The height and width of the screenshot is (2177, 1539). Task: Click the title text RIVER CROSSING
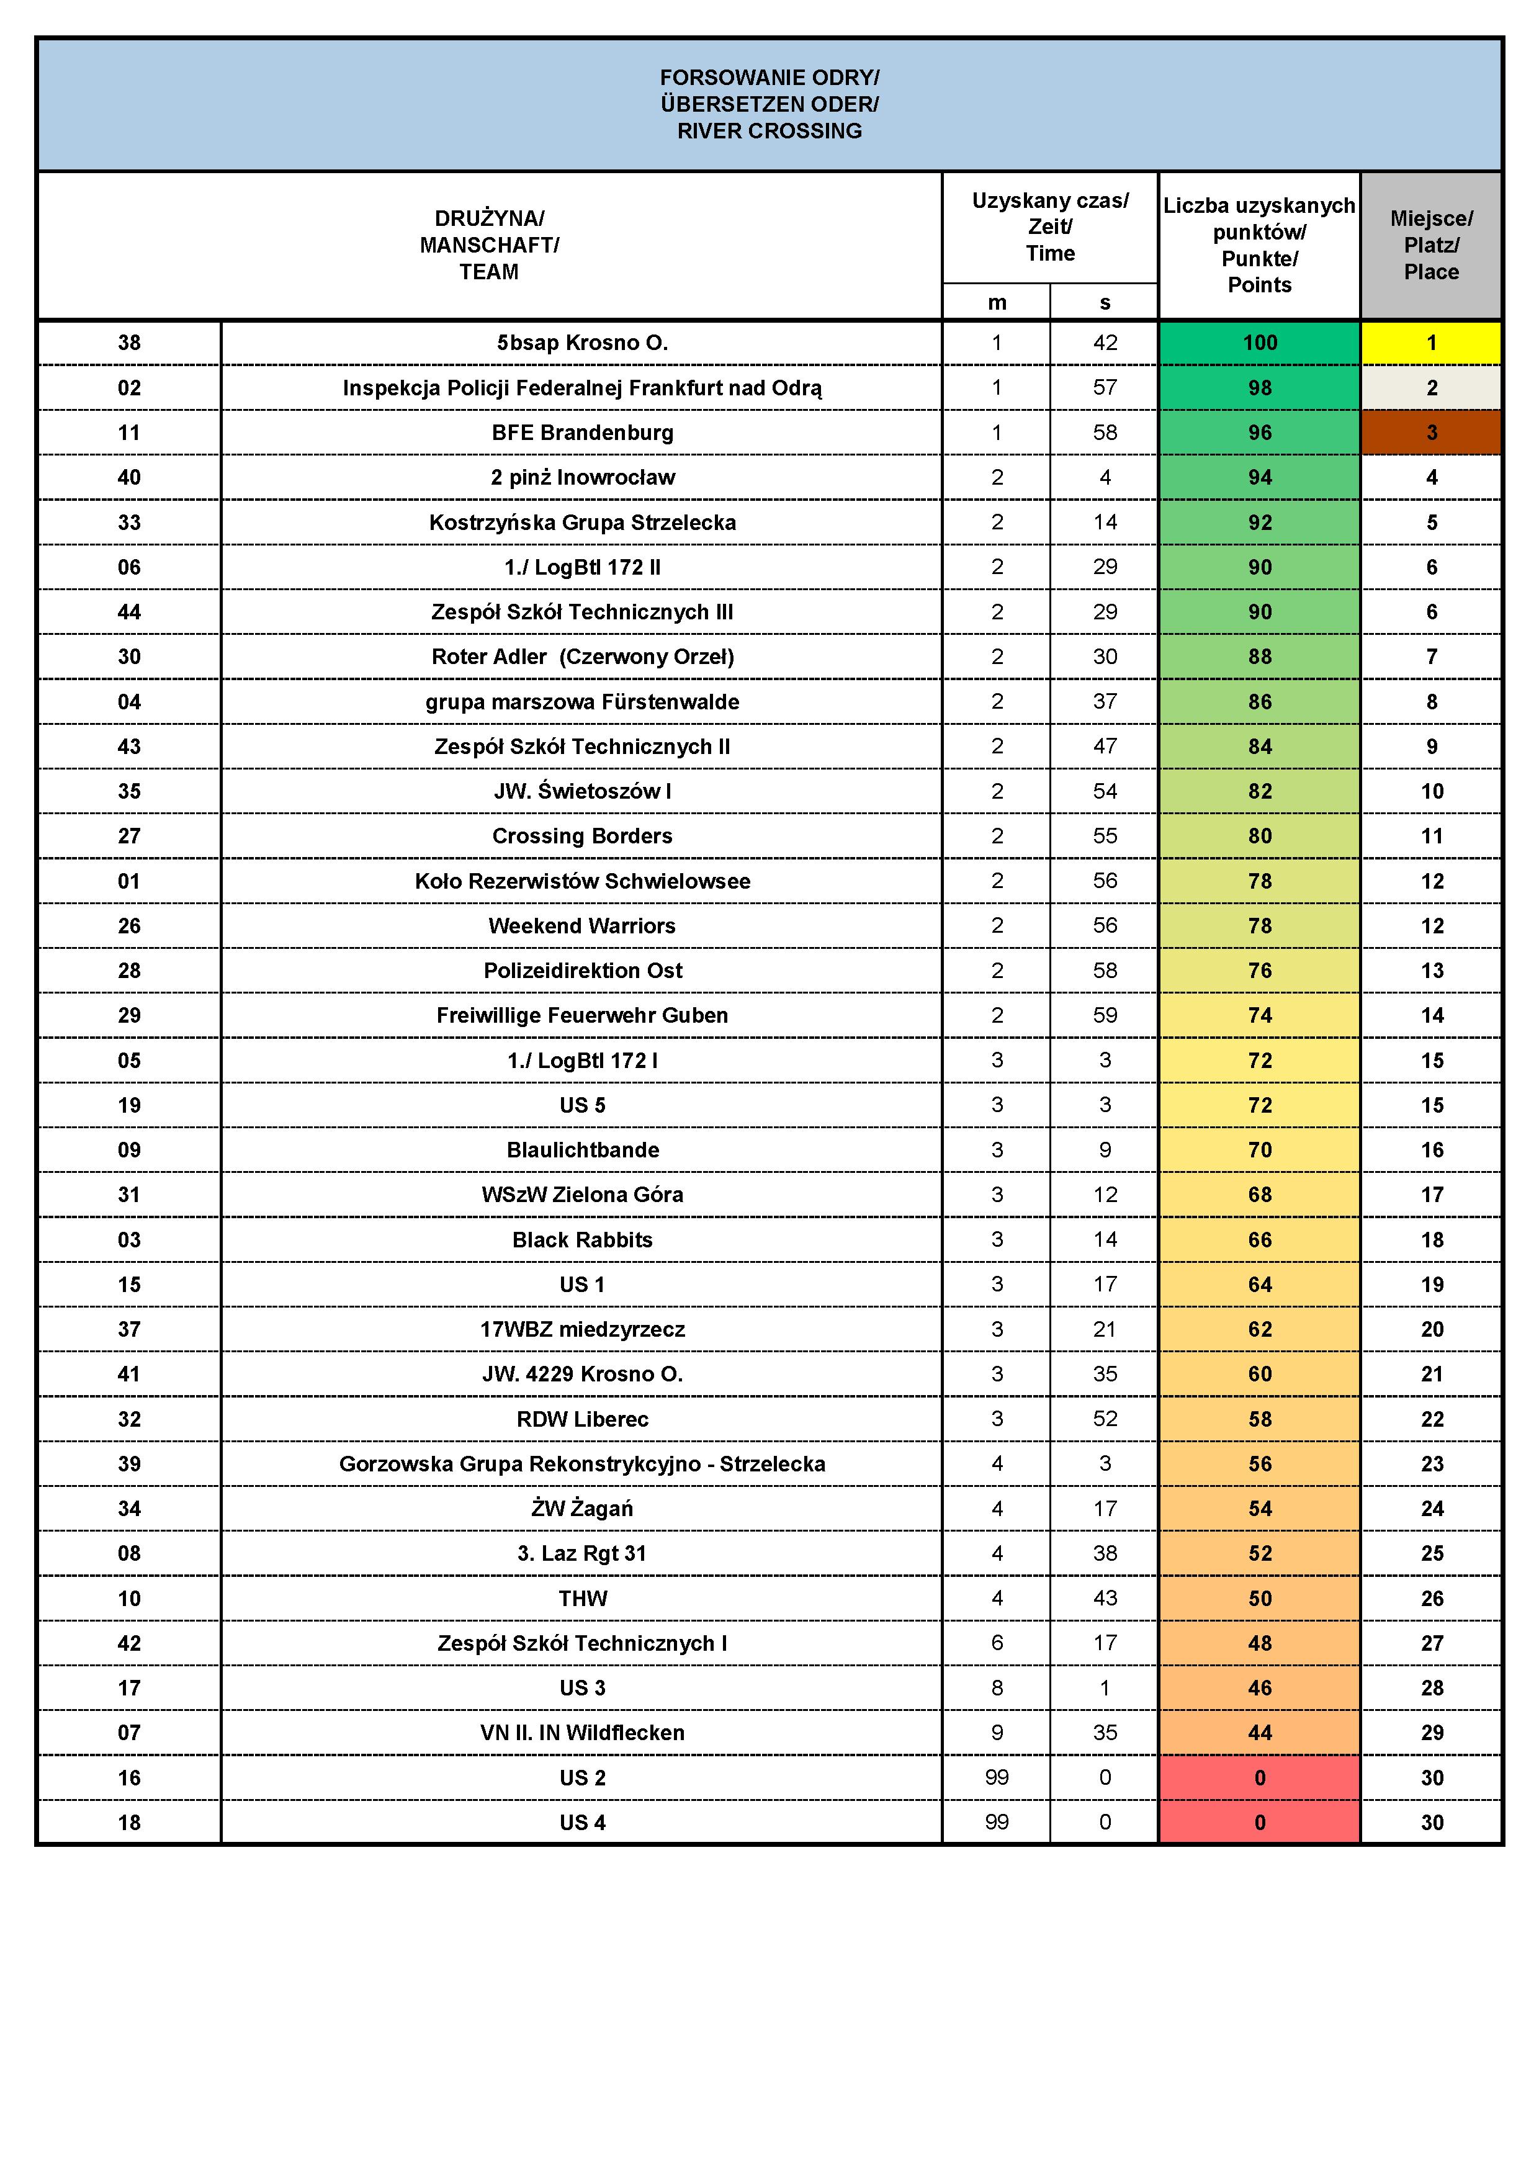coord(769,131)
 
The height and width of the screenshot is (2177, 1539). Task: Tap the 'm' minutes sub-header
coord(997,302)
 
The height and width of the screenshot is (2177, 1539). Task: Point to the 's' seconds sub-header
coord(1105,302)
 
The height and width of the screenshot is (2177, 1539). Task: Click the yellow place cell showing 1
coord(1431,343)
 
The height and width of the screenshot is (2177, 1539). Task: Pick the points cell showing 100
coord(1259,343)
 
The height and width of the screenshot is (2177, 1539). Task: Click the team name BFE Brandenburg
coord(582,433)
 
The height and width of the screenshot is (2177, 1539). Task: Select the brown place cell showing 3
coord(1431,433)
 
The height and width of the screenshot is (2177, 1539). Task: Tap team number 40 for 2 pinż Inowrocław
coord(129,477)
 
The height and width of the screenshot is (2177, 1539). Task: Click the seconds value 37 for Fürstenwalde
coord(1105,702)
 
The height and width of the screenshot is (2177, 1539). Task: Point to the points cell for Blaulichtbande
coord(1259,1149)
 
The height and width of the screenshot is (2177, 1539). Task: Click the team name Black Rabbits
coord(582,1239)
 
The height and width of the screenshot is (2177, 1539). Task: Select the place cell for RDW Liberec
coord(1431,1419)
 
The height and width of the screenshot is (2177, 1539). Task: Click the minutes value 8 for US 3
coord(997,1688)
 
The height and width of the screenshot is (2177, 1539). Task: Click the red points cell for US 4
coord(1259,1823)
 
